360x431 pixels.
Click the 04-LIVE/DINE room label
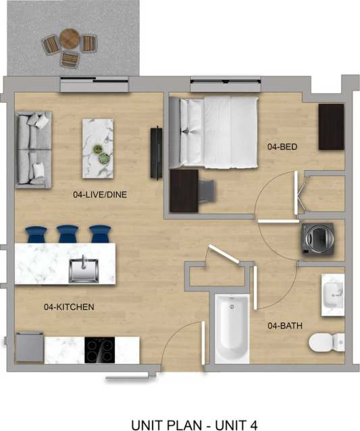pos(100,195)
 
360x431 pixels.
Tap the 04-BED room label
pos(282,147)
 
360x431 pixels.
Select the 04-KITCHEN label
pos(69,307)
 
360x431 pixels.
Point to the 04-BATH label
pos(284,326)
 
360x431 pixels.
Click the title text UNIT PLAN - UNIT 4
pos(194,425)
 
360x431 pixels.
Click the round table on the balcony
pos(70,39)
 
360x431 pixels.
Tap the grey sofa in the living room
pos(33,149)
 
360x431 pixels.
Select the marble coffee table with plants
pos(98,148)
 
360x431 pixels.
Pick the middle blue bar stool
pos(68,234)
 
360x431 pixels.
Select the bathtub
pos(232,328)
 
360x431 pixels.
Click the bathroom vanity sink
pos(333,295)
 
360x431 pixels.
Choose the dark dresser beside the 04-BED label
pos(331,126)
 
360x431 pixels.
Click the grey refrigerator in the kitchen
pos(29,347)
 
